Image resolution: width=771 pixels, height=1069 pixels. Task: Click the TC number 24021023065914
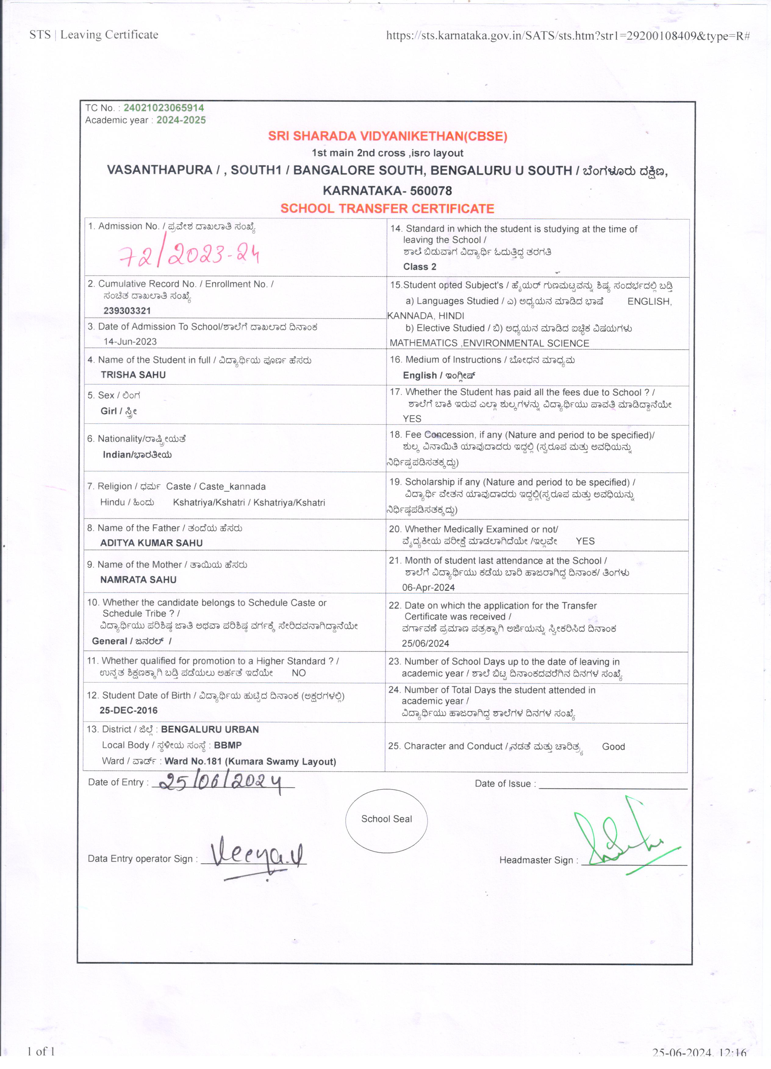(164, 108)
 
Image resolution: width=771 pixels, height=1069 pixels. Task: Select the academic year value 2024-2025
(181, 120)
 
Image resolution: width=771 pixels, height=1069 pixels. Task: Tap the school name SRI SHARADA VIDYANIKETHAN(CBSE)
(387, 136)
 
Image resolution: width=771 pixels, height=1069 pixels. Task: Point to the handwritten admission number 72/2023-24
(188, 255)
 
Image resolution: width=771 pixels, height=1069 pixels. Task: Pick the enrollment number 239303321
(127, 311)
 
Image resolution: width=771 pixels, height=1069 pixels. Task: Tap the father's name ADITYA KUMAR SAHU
(151, 543)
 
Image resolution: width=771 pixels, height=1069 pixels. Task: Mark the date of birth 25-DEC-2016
(128, 710)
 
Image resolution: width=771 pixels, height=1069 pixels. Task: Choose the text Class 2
(419, 267)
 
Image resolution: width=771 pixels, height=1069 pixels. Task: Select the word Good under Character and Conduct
(613, 747)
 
